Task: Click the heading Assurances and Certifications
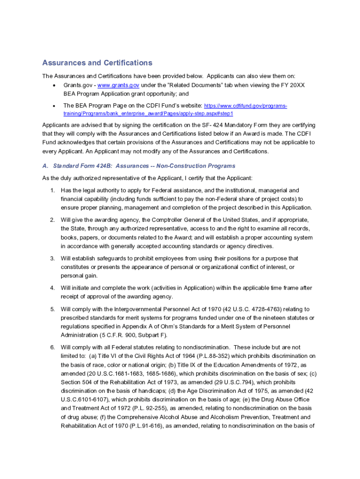click(97, 63)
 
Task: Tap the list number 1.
click(52, 190)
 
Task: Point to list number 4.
click(52, 288)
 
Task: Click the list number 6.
click(52, 348)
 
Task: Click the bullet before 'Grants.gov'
click(54, 85)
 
